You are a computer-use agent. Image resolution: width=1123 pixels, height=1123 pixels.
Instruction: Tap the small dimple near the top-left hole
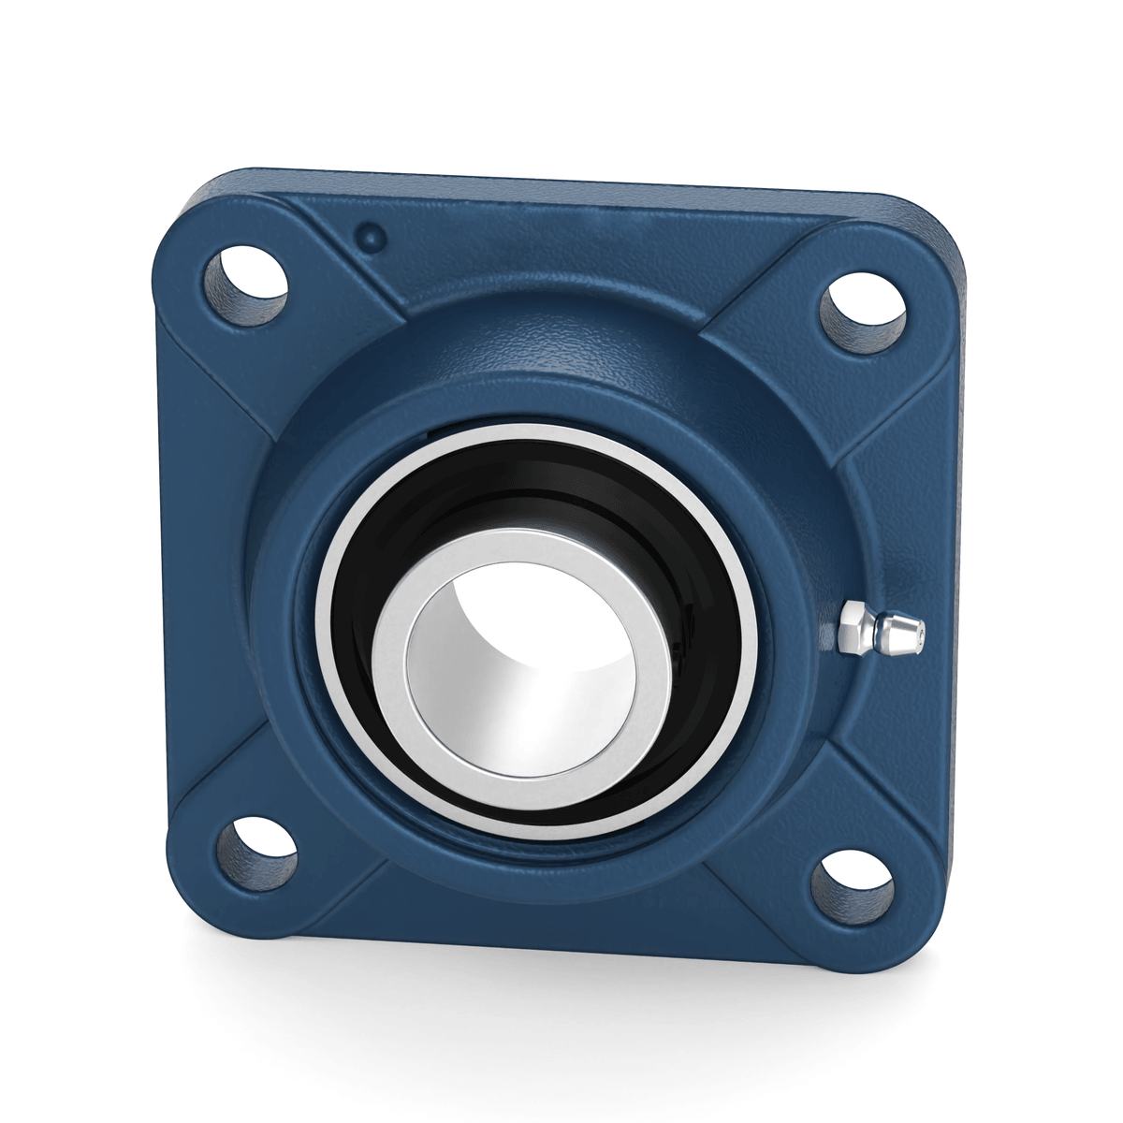[x=372, y=235]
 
